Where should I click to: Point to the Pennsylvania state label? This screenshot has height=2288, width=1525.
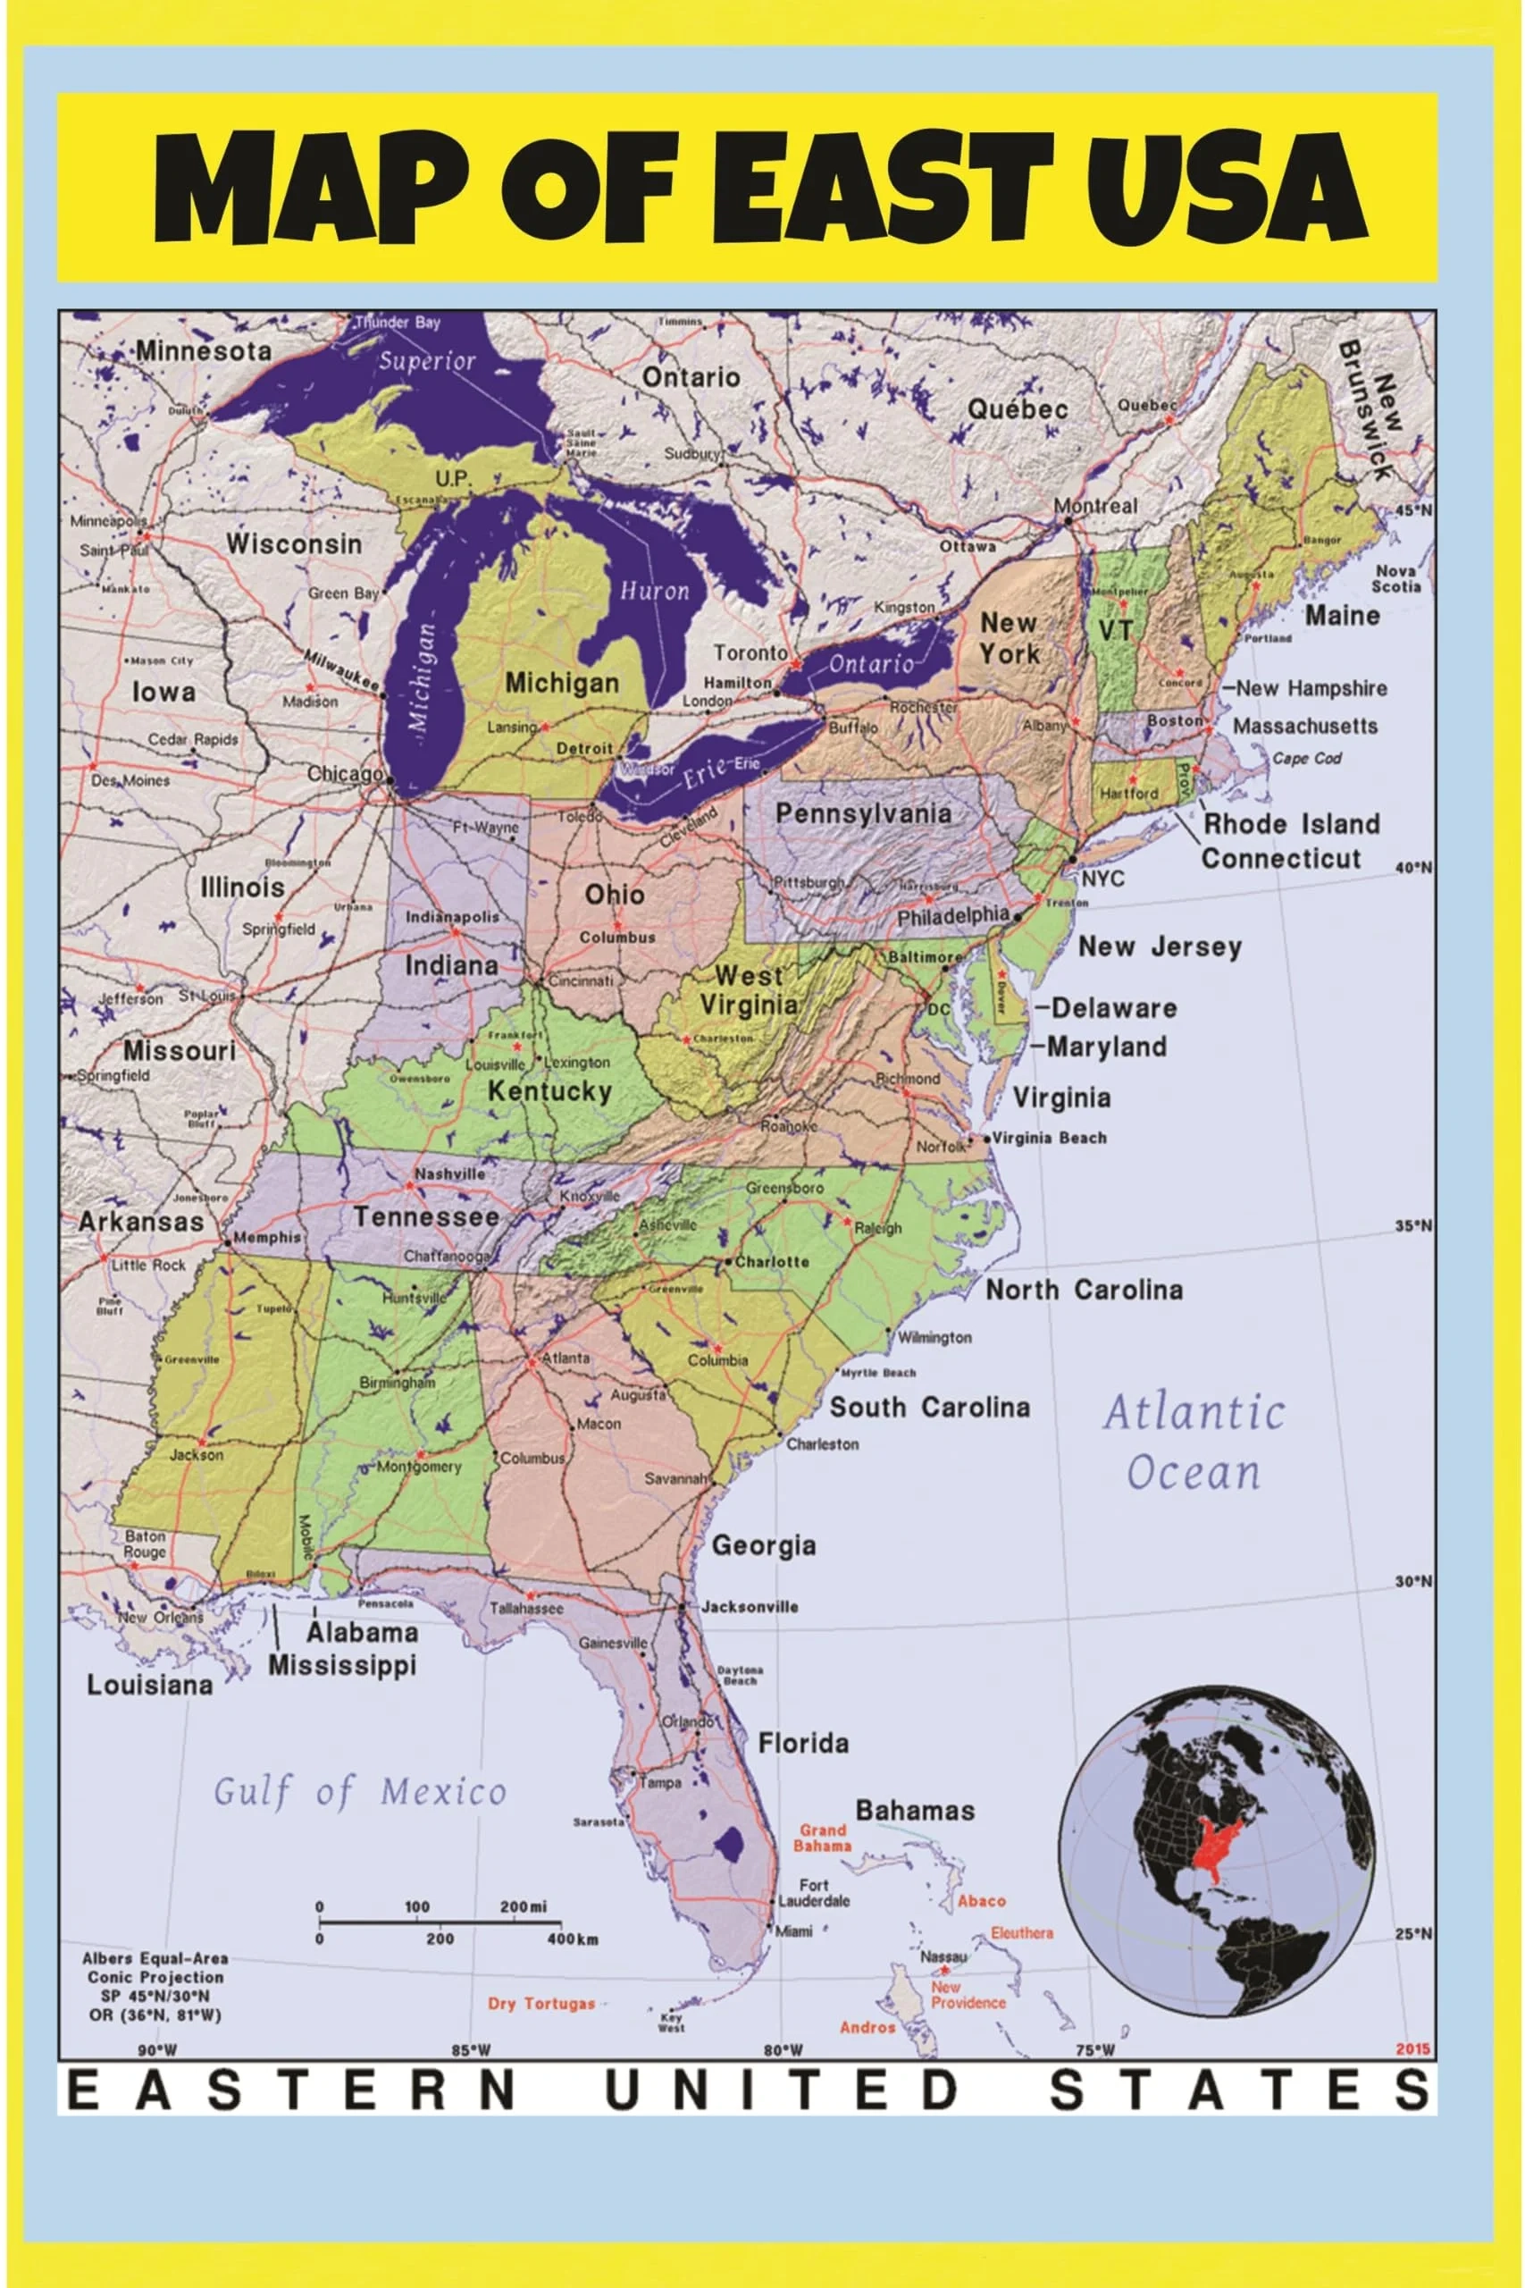[x=863, y=813]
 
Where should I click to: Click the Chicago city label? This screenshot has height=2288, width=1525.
[x=345, y=774]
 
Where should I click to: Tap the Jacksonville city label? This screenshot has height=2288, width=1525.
[x=749, y=1606]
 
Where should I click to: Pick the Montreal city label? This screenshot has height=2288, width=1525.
[x=1095, y=506]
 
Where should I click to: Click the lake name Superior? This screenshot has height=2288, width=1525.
[x=427, y=362]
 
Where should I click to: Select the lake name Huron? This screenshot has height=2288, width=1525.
[x=655, y=591]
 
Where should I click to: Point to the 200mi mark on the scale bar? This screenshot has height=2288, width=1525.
[x=524, y=1905]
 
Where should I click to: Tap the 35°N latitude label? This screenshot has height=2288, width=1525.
[x=1413, y=1225]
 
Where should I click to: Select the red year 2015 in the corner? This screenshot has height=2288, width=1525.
[x=1412, y=2048]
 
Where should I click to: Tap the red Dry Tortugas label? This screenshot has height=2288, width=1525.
[x=540, y=2003]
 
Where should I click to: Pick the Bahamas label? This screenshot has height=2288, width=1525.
[x=914, y=1811]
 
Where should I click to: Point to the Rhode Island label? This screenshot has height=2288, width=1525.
[x=1292, y=824]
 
